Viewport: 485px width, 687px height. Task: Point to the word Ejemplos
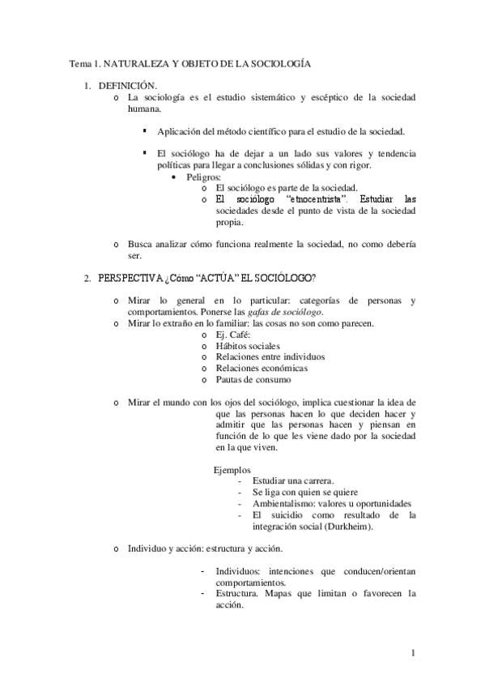point(232,470)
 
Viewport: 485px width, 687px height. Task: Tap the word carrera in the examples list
point(317,481)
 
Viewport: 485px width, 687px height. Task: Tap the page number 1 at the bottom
point(413,654)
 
